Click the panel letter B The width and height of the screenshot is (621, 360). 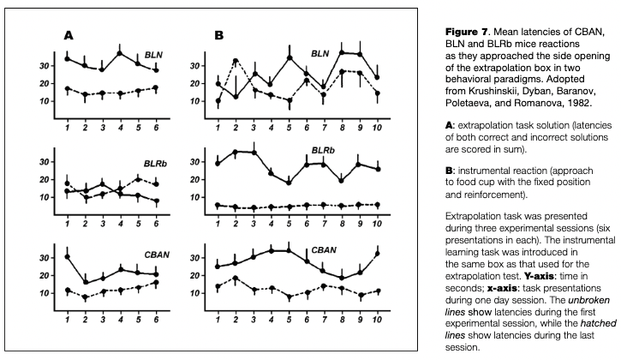(x=218, y=36)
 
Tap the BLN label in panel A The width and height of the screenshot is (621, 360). (x=155, y=55)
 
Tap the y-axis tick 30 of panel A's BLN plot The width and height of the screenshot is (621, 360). (x=45, y=66)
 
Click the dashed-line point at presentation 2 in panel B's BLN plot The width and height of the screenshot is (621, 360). (x=236, y=61)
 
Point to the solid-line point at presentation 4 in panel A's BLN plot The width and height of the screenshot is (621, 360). (x=121, y=53)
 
